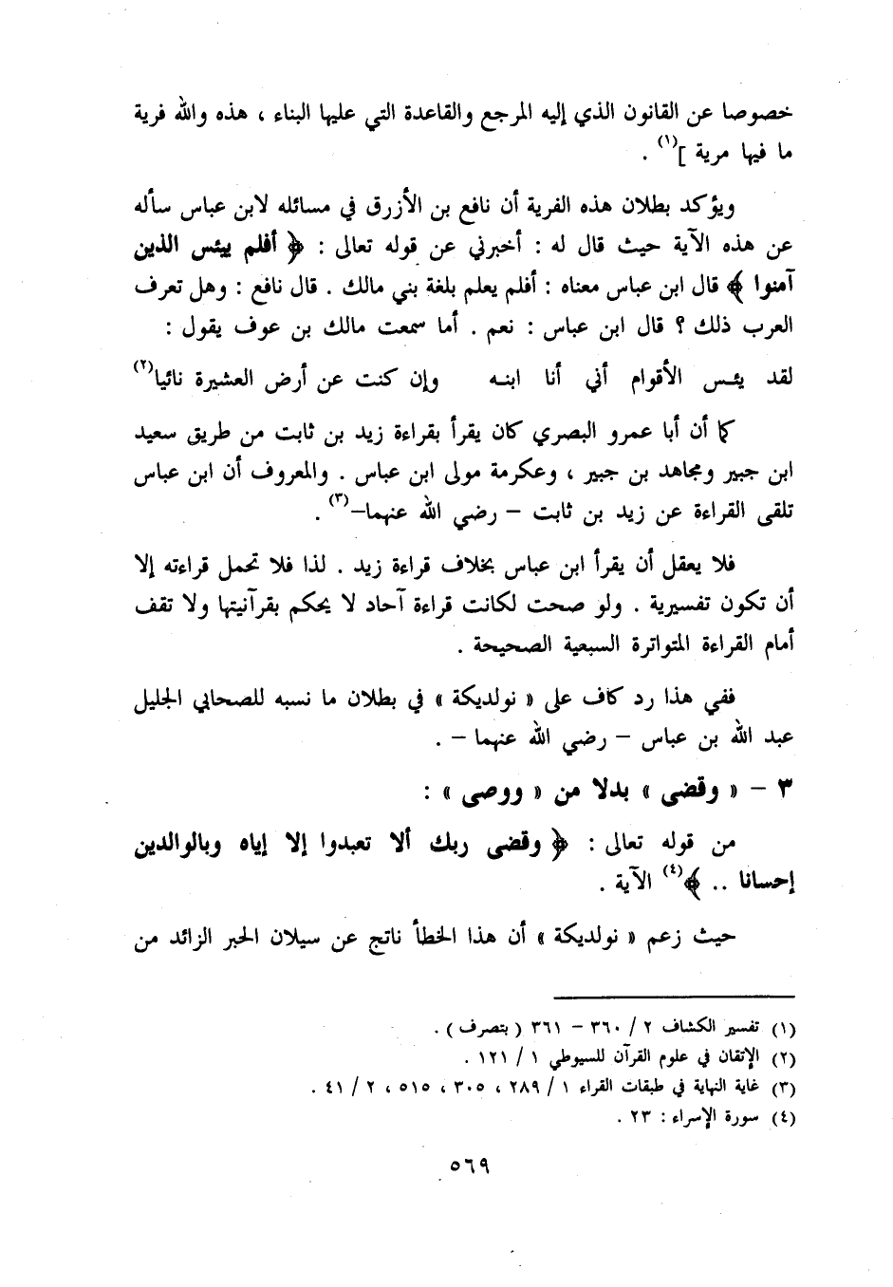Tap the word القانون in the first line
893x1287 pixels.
[677, 115]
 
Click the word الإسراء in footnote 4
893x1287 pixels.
[717, 1117]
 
